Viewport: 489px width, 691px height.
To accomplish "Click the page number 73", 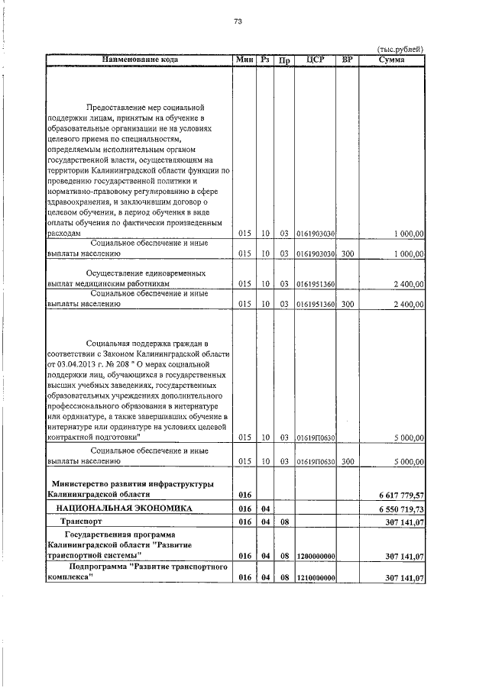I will click(x=238, y=21).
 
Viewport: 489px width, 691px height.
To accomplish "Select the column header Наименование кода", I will click(x=138, y=59).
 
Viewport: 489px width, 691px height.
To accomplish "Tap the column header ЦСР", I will click(x=314, y=59).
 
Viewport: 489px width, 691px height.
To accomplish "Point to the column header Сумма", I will click(x=391, y=59).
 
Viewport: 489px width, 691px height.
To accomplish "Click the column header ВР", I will click(x=347, y=59).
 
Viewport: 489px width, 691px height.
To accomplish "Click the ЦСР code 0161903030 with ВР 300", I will click(x=314, y=253).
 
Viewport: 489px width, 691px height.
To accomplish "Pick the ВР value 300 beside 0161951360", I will click(x=347, y=304).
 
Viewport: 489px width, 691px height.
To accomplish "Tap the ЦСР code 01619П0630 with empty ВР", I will click(x=314, y=438).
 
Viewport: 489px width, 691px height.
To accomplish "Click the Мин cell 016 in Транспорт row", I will click(x=244, y=521).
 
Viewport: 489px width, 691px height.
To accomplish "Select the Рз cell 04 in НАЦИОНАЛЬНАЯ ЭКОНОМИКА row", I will click(x=265, y=509).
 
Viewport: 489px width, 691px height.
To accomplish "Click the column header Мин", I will click(x=244, y=59).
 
